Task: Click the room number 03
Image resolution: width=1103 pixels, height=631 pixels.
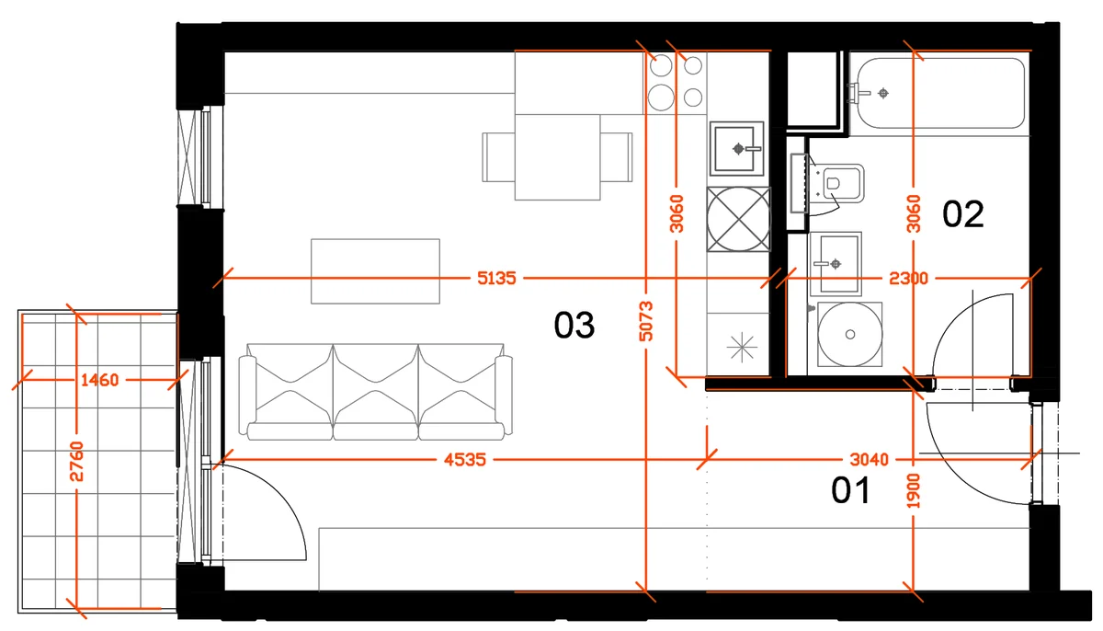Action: pyautogui.click(x=574, y=325)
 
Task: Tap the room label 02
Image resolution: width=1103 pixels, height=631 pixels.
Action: pyautogui.click(x=962, y=214)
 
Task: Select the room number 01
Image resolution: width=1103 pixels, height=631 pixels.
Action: pyautogui.click(x=851, y=490)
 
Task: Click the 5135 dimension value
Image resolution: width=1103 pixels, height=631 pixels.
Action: pyautogui.click(x=496, y=279)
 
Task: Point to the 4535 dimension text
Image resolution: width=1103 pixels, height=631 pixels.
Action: pyautogui.click(x=465, y=460)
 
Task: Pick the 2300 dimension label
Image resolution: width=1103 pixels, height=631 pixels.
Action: pyautogui.click(x=908, y=279)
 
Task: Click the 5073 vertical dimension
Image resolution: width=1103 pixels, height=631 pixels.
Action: pyautogui.click(x=646, y=321)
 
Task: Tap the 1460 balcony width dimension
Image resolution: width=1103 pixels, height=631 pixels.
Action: pyautogui.click(x=99, y=380)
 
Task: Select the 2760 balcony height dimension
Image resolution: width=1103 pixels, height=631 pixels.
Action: pyautogui.click(x=77, y=462)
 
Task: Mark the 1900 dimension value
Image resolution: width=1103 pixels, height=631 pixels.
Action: pyautogui.click(x=914, y=490)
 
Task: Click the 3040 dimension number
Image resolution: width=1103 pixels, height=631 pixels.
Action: pyautogui.click(x=870, y=460)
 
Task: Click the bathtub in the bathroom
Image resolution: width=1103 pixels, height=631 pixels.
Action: pyautogui.click(x=939, y=93)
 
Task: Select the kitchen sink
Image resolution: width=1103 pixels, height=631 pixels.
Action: pyautogui.click(x=736, y=148)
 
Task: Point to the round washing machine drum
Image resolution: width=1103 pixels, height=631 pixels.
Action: pyautogui.click(x=850, y=335)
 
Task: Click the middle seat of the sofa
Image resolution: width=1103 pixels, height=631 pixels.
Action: pyautogui.click(x=376, y=392)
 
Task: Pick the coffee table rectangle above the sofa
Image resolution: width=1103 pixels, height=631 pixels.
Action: pyautogui.click(x=375, y=271)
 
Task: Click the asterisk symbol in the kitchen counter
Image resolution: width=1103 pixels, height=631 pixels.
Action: pyautogui.click(x=741, y=348)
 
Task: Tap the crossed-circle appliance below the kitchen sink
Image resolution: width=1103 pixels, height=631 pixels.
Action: pyautogui.click(x=738, y=219)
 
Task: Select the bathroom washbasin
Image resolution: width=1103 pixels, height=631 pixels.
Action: pyautogui.click(x=836, y=264)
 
